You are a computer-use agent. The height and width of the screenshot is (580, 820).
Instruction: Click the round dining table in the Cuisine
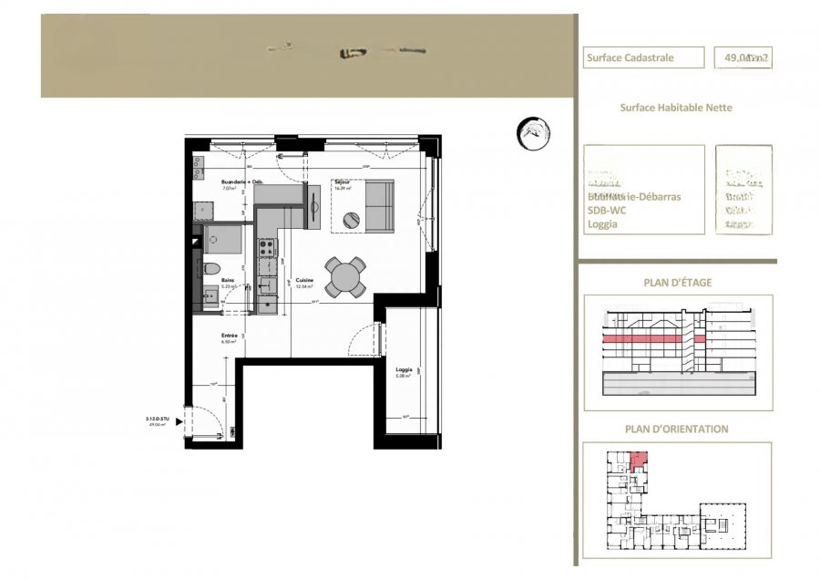pos(346,277)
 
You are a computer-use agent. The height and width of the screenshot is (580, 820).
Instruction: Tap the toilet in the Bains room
pos(210,268)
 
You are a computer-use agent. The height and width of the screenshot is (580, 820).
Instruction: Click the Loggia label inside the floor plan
pos(404,369)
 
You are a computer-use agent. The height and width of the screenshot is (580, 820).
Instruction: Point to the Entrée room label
pos(230,336)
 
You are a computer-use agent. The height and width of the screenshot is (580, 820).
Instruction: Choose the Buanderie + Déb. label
pos(242,182)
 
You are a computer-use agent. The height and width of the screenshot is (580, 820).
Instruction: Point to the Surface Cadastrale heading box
pos(644,57)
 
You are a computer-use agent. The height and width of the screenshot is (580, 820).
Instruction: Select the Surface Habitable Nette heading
pos(676,108)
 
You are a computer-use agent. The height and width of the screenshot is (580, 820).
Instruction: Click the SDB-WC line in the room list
pos(608,210)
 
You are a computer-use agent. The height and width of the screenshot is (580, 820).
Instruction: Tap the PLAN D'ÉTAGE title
pos(677,283)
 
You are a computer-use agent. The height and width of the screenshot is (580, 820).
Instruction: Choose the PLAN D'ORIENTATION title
pos(677,429)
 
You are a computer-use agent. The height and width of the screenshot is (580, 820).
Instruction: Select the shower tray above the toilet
pos(224,240)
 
